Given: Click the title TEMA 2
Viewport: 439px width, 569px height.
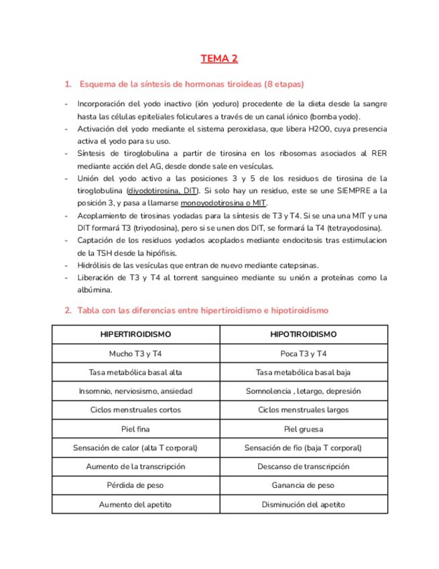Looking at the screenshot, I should click(x=219, y=59).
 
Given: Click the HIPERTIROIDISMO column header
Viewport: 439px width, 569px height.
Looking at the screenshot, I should click(x=135, y=334).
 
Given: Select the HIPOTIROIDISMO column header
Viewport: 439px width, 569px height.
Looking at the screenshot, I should click(x=304, y=334).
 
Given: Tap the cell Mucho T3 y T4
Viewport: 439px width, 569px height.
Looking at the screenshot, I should click(x=135, y=353).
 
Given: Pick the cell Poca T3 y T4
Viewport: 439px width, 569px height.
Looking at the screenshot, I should click(x=304, y=353).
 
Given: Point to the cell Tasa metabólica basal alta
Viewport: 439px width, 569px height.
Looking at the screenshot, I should click(x=135, y=372).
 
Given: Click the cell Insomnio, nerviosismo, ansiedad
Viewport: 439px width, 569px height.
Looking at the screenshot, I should click(x=135, y=391).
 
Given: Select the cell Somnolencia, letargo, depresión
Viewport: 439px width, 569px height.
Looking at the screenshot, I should click(x=304, y=391).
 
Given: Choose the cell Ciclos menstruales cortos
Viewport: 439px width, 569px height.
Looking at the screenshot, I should click(x=135, y=409).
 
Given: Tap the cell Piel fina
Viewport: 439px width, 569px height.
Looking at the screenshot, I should click(x=135, y=428).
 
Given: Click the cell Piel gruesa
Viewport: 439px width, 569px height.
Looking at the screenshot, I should click(x=304, y=428).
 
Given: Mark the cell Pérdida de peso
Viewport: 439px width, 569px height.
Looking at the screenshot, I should click(x=135, y=484).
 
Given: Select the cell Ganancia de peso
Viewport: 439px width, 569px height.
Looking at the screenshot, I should click(x=304, y=484).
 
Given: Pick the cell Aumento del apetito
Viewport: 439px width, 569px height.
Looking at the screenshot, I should click(x=135, y=503).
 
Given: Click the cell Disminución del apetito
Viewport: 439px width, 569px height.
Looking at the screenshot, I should click(x=304, y=503).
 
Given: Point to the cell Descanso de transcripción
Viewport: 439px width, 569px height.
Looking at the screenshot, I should click(x=304, y=466).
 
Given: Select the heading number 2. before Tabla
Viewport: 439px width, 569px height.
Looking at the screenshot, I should click(x=68, y=311).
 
